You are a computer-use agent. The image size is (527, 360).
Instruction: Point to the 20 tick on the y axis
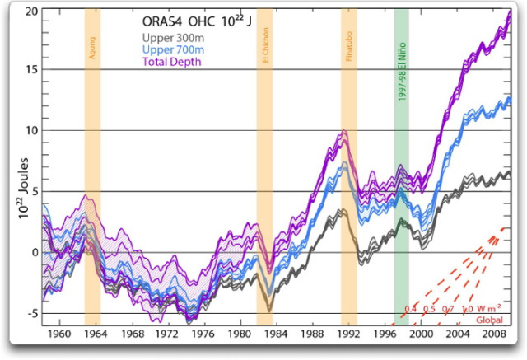point(30,11)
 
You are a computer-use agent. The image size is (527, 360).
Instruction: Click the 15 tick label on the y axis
point(30,70)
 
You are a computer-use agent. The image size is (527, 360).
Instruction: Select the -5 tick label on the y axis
point(30,313)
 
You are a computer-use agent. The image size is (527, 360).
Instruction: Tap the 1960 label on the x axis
point(59,335)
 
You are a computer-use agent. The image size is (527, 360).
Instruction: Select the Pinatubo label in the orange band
point(348,49)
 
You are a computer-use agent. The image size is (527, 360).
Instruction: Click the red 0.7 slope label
point(447,309)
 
